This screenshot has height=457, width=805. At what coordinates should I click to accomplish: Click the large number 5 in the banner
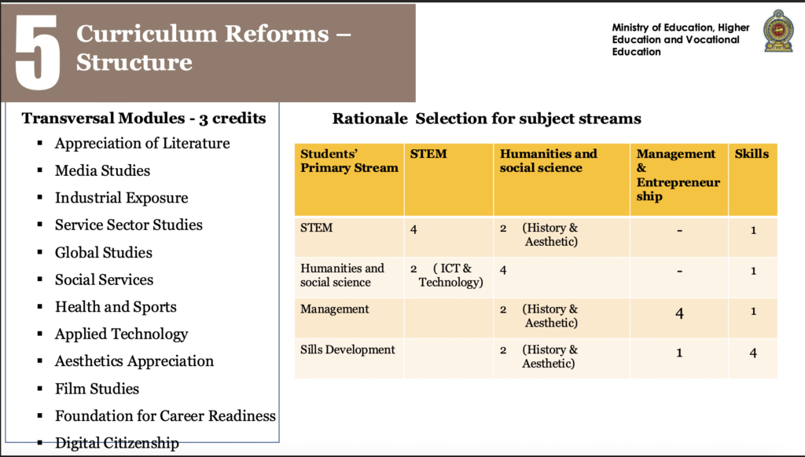[38, 52]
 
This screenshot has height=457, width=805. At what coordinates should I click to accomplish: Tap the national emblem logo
[778, 31]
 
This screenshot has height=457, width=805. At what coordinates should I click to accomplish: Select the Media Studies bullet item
[102, 170]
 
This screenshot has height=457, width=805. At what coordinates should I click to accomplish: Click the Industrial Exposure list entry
[121, 197]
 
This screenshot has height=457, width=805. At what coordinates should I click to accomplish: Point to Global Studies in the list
[103, 252]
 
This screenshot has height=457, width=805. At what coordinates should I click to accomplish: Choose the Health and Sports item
[116, 307]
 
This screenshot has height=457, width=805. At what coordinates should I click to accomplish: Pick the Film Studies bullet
[97, 389]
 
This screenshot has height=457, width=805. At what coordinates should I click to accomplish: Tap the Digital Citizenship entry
[117, 443]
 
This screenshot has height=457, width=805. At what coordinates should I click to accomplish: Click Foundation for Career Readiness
[165, 415]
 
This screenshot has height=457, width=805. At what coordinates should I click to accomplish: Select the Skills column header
[752, 154]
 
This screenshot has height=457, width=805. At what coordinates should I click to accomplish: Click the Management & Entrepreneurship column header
[678, 175]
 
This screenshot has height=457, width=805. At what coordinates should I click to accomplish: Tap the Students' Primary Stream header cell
[349, 160]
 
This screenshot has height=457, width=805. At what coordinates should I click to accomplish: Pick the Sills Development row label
[347, 349]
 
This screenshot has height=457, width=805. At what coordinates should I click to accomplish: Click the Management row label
[334, 309]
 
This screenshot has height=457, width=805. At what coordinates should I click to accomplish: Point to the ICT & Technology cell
[447, 276]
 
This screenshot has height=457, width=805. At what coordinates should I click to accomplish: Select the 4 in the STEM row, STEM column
[414, 229]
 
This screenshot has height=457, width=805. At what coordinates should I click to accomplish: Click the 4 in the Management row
[679, 313]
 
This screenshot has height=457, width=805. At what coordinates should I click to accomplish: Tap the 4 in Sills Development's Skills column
[753, 353]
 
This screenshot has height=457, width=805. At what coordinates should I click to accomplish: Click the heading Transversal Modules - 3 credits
[144, 119]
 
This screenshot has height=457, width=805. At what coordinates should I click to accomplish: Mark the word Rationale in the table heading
[369, 119]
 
